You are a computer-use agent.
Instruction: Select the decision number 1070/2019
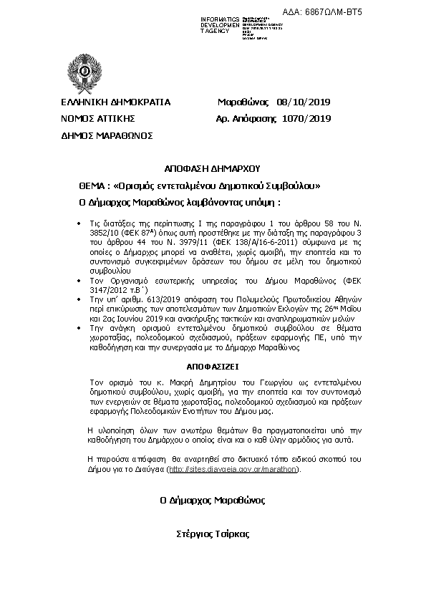306,118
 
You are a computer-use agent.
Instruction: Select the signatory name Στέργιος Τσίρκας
213,534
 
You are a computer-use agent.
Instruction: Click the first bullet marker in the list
79,224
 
